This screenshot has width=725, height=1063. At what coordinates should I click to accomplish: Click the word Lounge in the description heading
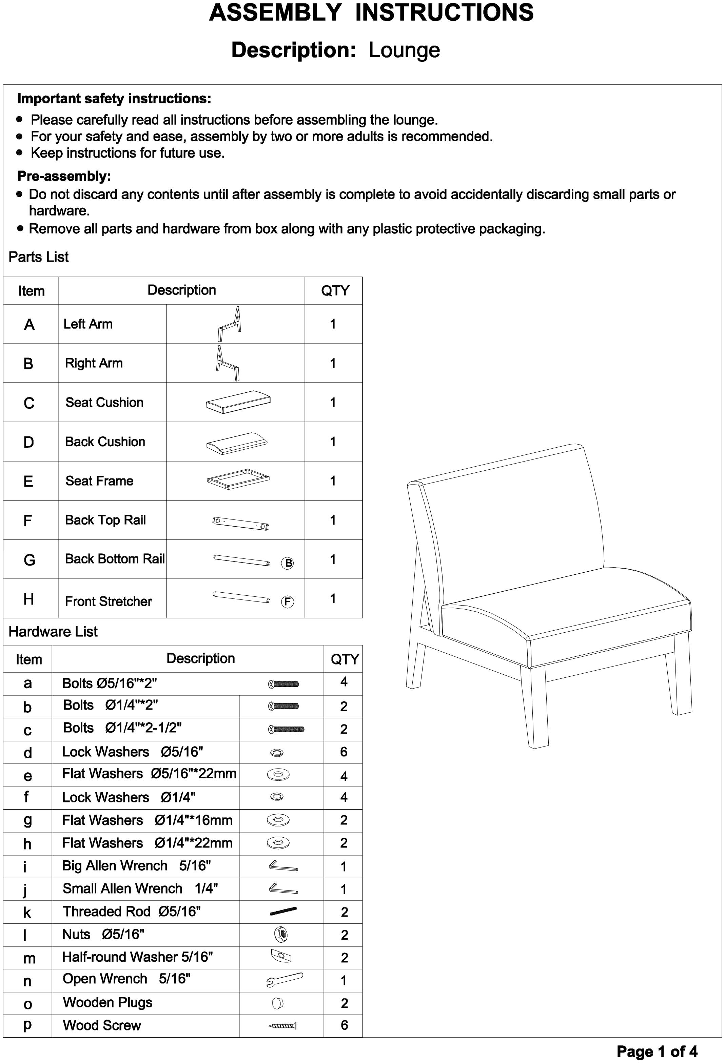404,50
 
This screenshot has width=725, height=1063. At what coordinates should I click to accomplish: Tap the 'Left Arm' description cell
88,324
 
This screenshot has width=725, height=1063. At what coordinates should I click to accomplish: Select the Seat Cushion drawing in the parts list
238,402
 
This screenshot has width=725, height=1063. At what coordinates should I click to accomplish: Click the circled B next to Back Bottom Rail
288,563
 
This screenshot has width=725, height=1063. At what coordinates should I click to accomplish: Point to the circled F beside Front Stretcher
288,601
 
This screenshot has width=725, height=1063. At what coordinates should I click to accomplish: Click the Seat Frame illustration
238,479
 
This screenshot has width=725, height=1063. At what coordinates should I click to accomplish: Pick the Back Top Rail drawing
241,523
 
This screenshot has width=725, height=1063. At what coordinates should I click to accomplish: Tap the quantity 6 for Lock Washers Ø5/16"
344,752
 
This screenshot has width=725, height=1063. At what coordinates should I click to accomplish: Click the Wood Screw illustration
282,1025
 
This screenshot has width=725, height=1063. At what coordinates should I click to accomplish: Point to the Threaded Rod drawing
283,911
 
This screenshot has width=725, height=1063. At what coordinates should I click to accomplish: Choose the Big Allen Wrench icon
283,866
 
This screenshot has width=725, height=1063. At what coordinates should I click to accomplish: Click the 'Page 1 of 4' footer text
657,1051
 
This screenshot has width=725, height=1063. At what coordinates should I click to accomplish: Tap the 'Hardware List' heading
53,632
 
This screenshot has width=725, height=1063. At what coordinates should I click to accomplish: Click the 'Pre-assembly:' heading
64,176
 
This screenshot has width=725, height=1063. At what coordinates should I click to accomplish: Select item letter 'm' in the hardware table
29,958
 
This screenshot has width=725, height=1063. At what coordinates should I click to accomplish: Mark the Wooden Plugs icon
277,1003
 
